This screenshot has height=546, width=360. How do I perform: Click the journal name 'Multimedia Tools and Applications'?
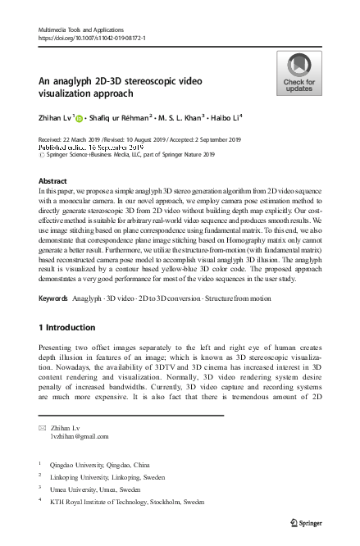[x=75, y=29]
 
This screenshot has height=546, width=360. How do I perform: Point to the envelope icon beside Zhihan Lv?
[x=43, y=427]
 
